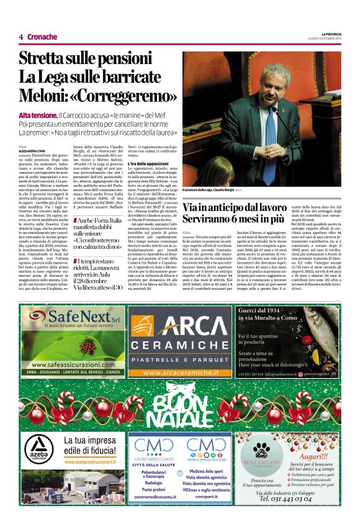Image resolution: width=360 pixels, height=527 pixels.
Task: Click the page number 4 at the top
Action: click(21, 37)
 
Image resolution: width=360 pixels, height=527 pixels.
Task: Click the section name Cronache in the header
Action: click(42, 37)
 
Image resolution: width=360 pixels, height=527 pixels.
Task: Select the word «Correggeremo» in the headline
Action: click(119, 96)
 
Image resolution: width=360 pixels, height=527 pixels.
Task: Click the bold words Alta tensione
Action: click(37, 115)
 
